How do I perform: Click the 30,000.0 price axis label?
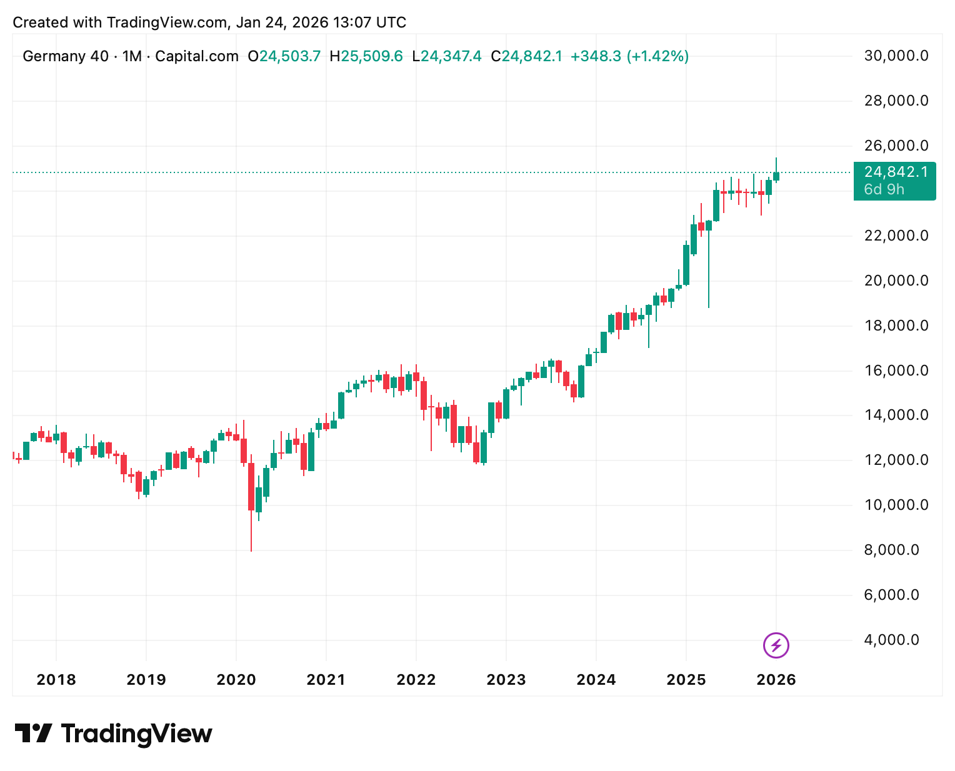coord(896,56)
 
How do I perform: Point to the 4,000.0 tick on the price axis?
coord(891,640)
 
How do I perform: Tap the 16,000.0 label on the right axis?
coord(896,371)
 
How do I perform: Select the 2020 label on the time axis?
coord(236,680)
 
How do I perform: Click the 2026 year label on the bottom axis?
coord(776,680)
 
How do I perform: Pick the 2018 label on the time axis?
coord(56,680)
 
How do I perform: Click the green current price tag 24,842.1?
coord(896,172)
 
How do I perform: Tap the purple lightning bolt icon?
coord(776,645)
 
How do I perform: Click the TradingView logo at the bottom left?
coord(113,733)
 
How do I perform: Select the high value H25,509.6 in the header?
coord(366,56)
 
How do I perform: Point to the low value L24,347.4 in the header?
coord(447,56)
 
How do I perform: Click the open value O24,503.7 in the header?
coord(284,56)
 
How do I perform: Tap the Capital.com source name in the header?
coord(197,56)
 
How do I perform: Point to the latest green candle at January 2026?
coord(776,176)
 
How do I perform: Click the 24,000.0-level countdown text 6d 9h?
coord(884,189)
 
